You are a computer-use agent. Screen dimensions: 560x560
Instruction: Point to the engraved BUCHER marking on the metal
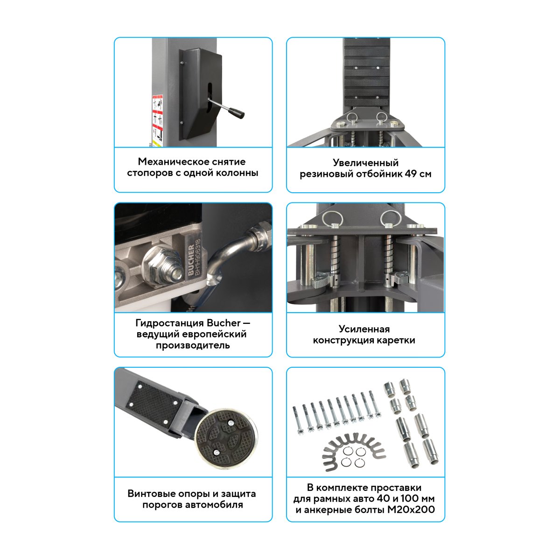pyautogui.click(x=191, y=260)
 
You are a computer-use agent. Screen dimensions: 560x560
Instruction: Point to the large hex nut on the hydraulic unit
pyautogui.click(x=161, y=265)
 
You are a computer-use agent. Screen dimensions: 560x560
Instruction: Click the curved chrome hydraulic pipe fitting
pyautogui.click(x=230, y=261)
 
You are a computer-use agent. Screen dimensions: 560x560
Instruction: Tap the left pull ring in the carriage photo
pyautogui.click(x=333, y=219)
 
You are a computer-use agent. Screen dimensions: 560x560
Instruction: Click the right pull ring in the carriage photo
pyautogui.click(x=391, y=219)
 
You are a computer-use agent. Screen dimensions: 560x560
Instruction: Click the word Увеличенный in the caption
pyautogui.click(x=365, y=163)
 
